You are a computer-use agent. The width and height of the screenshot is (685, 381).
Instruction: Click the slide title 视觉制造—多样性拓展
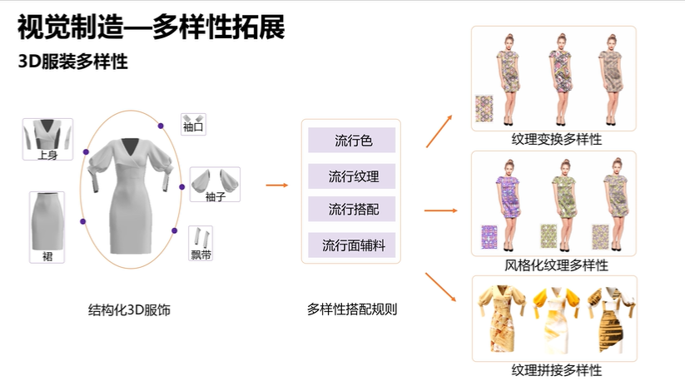151,27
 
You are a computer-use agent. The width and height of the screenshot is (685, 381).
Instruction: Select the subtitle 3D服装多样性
73,62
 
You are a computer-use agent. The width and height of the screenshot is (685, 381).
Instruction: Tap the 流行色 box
352,141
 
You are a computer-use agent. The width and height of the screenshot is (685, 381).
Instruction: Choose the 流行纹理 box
352,176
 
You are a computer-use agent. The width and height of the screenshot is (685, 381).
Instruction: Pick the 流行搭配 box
352,209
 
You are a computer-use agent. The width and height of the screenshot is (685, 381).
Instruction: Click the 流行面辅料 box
352,245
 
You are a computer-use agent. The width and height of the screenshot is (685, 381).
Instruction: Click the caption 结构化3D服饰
129,309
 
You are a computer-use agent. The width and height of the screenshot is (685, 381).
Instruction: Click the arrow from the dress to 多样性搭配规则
276,186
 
